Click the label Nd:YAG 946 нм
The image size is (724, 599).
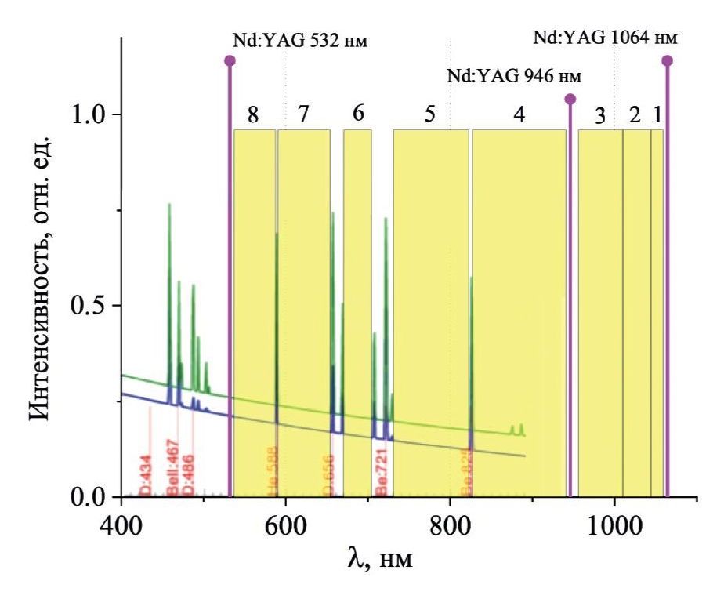click(514, 77)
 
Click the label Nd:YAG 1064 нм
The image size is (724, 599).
click(604, 38)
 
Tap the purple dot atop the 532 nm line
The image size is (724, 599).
click(230, 60)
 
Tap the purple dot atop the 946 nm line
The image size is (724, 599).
click(570, 99)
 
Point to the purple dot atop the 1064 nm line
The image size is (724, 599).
click(667, 60)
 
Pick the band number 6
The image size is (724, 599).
click(358, 113)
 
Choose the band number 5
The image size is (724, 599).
click(429, 114)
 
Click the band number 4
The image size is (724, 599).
click(519, 114)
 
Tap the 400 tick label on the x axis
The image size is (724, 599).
click(121, 523)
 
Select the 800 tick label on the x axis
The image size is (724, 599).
click(450, 523)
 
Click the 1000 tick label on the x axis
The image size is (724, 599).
click(614, 523)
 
